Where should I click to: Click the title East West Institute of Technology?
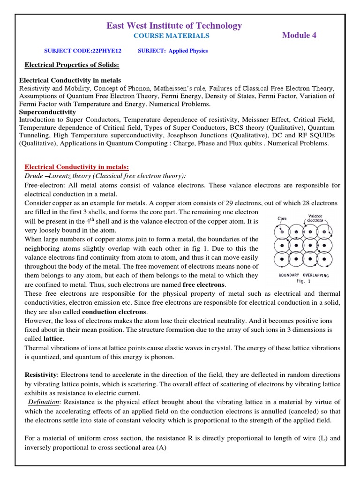[174, 26]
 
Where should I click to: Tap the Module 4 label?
[299, 36]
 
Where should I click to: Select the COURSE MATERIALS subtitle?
[172, 36]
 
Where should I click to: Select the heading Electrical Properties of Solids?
[72, 64]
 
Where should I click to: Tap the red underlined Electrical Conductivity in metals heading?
[76, 167]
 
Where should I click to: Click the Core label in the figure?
[282, 218]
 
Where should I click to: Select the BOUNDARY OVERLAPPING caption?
[303, 276]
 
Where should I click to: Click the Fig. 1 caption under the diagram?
[304, 282]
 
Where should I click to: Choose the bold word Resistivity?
[41, 375]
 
